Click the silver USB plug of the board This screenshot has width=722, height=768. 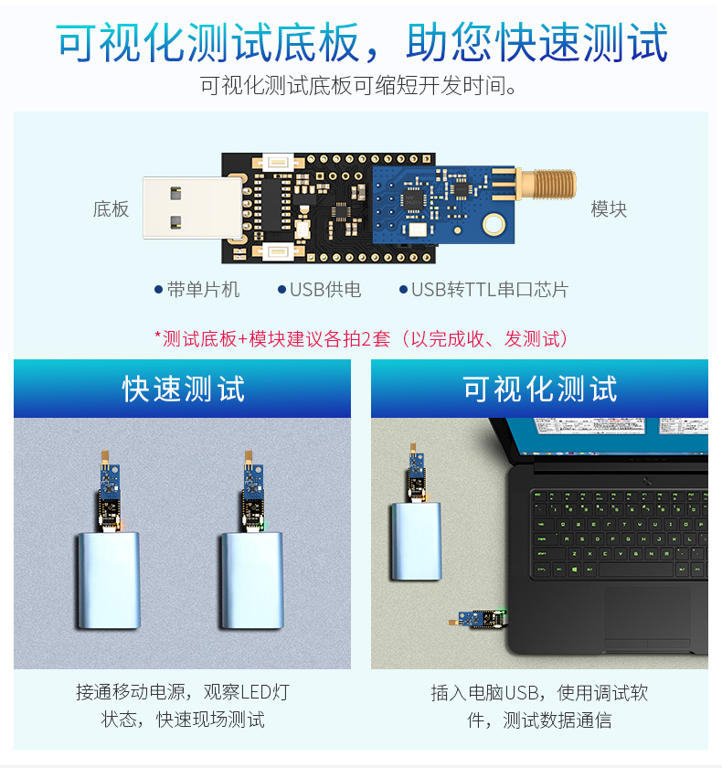pyautogui.click(x=192, y=208)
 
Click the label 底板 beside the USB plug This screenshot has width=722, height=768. pyautogui.click(x=111, y=209)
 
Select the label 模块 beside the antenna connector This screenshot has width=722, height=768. pyautogui.click(x=609, y=209)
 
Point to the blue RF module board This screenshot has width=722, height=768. pyautogui.click(x=443, y=205)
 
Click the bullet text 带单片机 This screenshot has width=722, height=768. pyautogui.click(x=203, y=290)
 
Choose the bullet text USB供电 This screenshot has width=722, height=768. pyautogui.click(x=325, y=290)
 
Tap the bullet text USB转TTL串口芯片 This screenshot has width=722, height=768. pyautogui.click(x=490, y=290)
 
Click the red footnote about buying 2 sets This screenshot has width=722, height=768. pyautogui.click(x=361, y=338)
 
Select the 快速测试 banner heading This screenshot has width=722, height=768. pyautogui.click(x=183, y=389)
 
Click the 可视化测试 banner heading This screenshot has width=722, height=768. pyautogui.click(x=539, y=389)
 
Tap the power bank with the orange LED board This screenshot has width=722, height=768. pyautogui.click(x=109, y=581)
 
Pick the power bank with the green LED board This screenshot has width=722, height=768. pyautogui.click(x=252, y=581)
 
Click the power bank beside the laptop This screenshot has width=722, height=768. pyautogui.click(x=416, y=541)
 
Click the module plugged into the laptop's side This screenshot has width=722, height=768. pyautogui.click(x=478, y=619)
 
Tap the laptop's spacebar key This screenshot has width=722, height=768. pyautogui.click(x=635, y=570)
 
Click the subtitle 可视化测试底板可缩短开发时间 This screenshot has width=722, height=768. pyautogui.click(x=358, y=86)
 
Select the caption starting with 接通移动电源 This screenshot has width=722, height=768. pyautogui.click(x=183, y=706)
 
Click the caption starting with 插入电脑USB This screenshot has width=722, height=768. pyautogui.click(x=539, y=706)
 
